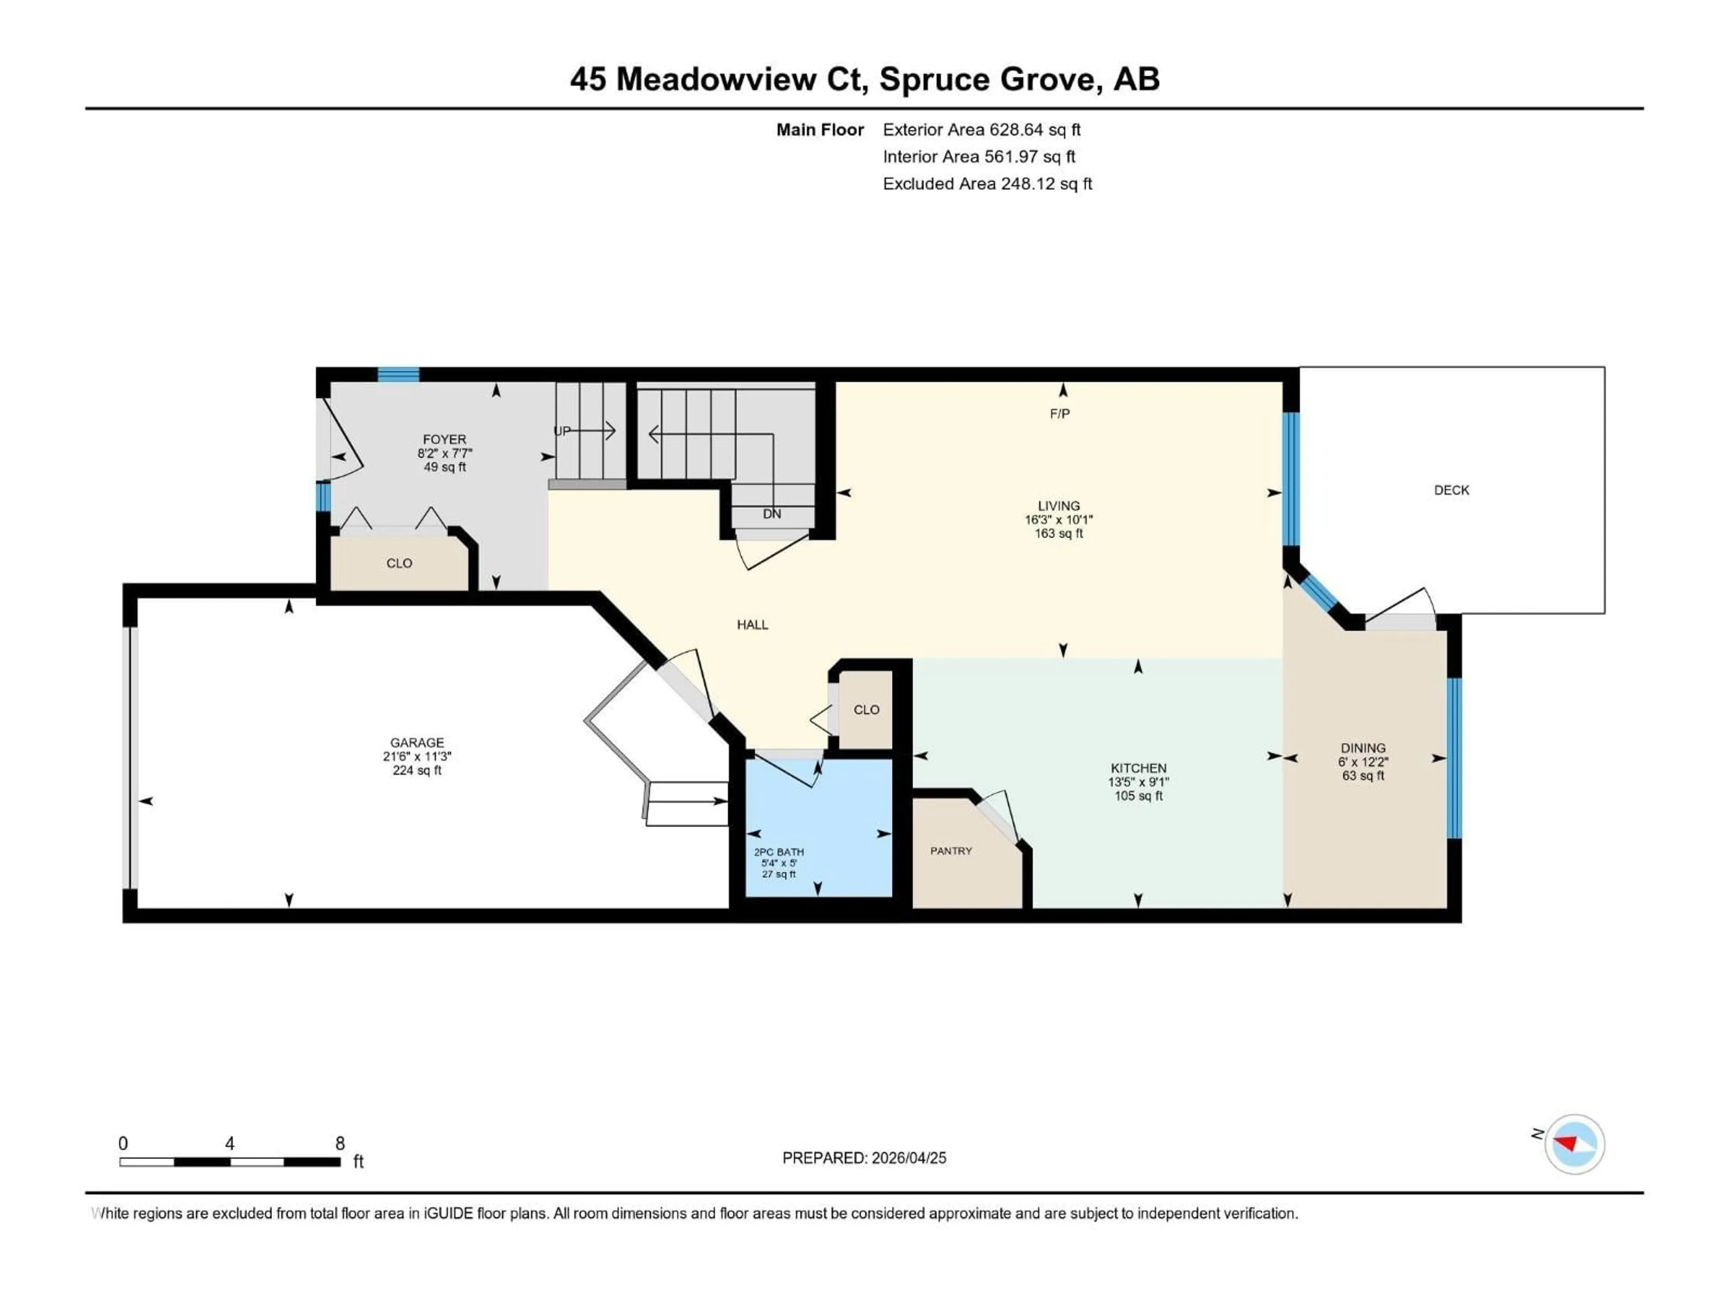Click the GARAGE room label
click(417, 742)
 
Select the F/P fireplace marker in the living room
click(1060, 414)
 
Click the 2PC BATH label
click(778, 852)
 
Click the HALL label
click(752, 624)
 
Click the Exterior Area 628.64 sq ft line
click(982, 130)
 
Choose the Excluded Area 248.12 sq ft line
click(987, 184)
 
